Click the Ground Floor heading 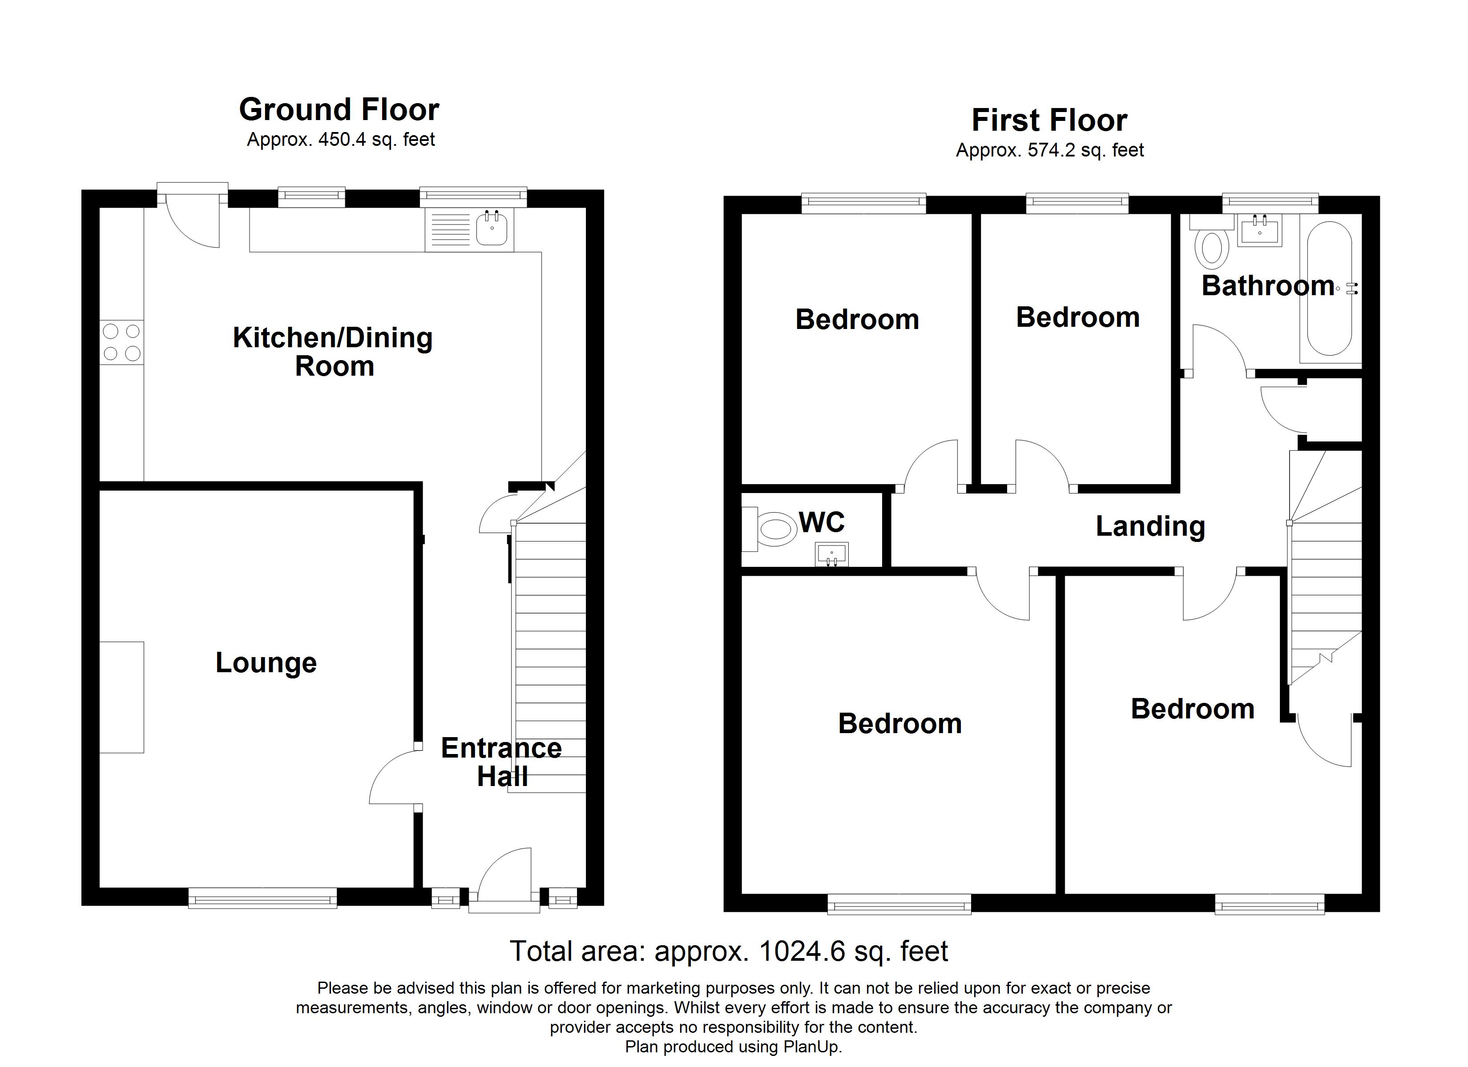339,109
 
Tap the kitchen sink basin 492,229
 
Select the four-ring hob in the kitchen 122,342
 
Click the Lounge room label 266,662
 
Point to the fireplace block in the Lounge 122,697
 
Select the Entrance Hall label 502,762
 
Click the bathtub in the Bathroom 1329,289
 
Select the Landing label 1150,526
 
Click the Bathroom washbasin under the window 1259,230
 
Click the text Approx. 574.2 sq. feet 1049,150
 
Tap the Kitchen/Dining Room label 333,351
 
